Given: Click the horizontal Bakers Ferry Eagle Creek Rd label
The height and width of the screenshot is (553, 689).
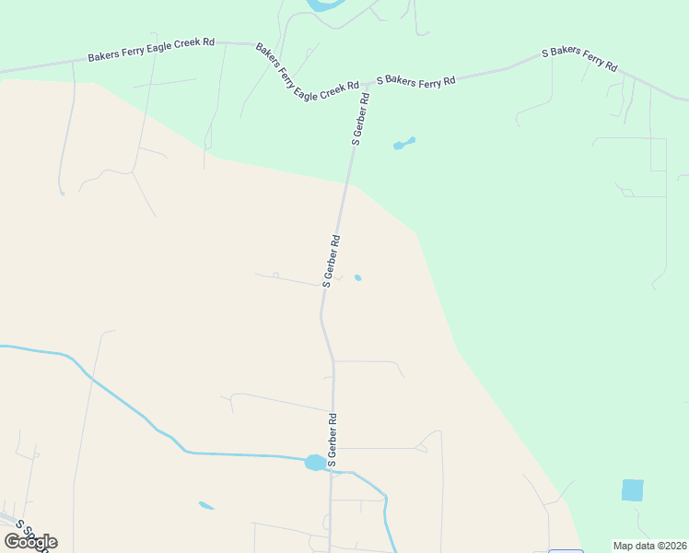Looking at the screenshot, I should [x=151, y=50].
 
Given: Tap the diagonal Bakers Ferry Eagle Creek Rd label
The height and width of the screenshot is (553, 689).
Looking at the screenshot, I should [x=307, y=71].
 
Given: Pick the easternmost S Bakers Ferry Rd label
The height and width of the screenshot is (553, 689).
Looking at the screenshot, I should [x=579, y=59].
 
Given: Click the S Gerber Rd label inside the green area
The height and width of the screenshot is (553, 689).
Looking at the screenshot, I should [x=360, y=120].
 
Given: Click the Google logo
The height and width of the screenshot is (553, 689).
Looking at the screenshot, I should [x=30, y=542].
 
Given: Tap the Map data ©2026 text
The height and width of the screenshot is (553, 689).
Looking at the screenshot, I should [x=648, y=546].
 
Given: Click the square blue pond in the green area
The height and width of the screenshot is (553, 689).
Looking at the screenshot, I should [x=633, y=490].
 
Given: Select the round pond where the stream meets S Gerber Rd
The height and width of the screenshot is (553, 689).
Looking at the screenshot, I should [x=315, y=462].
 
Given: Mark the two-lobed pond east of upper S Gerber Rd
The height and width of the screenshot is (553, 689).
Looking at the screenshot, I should [x=403, y=143].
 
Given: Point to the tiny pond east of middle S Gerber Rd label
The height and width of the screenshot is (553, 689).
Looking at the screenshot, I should [x=357, y=277].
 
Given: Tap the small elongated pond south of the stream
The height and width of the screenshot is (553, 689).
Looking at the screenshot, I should [x=206, y=505].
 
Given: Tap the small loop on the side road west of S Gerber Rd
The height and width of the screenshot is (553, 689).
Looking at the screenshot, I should [x=275, y=275].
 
